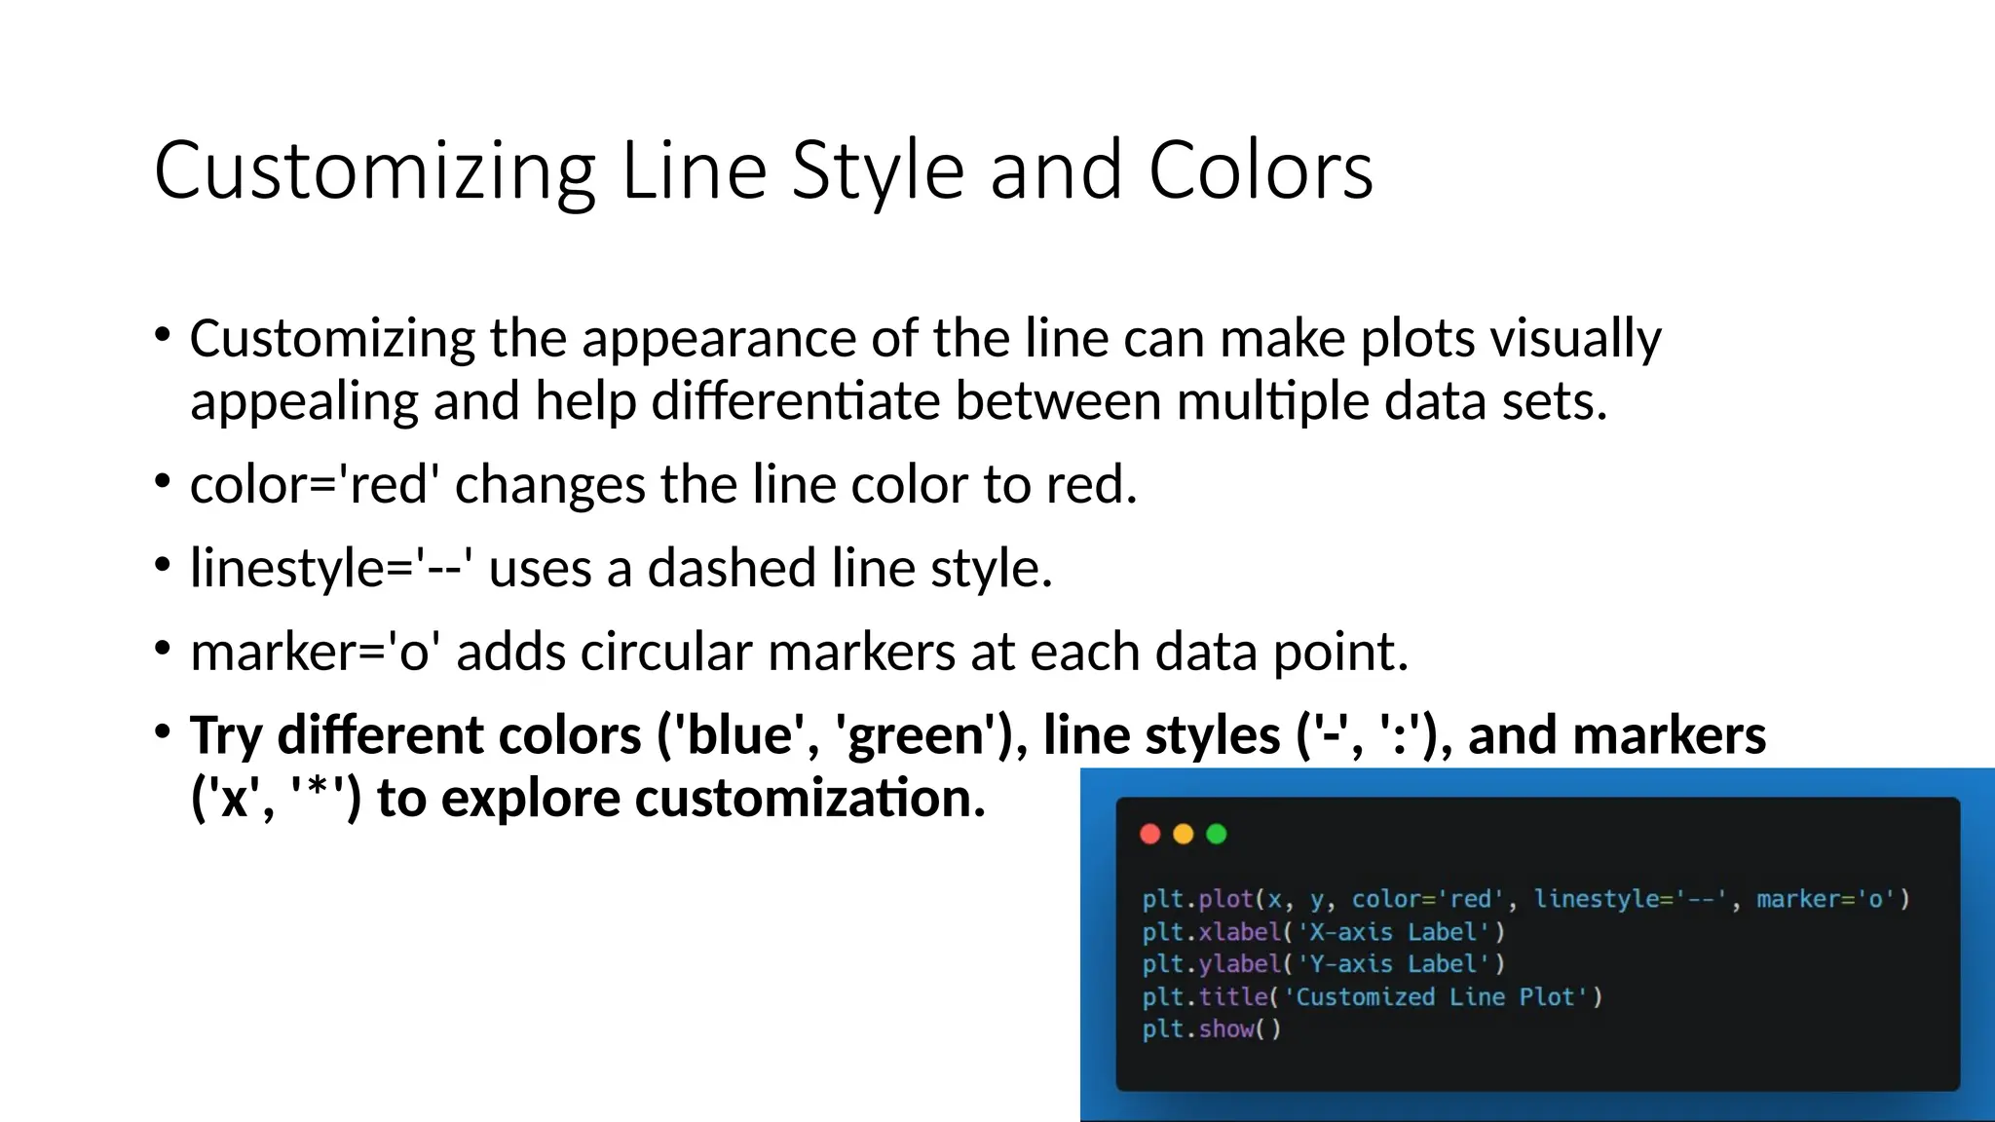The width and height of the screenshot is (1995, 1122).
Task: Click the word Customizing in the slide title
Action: [x=374, y=171]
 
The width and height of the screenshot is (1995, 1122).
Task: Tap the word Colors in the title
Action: [x=1261, y=171]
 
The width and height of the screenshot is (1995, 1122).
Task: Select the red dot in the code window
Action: [x=1150, y=834]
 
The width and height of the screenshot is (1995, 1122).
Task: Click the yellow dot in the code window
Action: [x=1184, y=834]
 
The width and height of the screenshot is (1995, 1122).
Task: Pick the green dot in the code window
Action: [x=1217, y=834]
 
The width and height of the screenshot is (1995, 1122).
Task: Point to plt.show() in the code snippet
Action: [x=1211, y=1029]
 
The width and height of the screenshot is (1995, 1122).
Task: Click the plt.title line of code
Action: [x=1372, y=997]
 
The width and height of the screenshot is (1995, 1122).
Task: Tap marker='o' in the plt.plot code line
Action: [x=1832, y=899]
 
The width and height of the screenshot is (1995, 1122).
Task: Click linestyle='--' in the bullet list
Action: [x=331, y=568]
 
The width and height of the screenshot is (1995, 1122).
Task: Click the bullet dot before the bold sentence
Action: [x=163, y=731]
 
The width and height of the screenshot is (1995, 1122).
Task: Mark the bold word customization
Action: [x=810, y=799]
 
